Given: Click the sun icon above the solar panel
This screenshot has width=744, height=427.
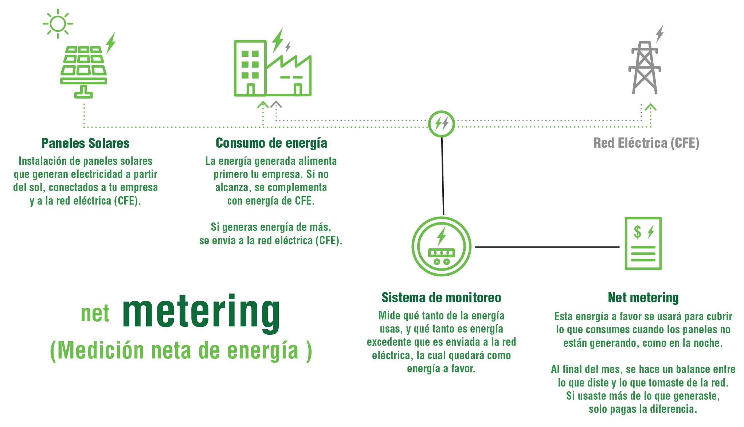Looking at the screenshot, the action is click(x=58, y=24).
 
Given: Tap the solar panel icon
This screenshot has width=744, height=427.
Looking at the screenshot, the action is click(x=84, y=72).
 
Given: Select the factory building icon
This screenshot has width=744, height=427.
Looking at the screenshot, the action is click(x=273, y=68).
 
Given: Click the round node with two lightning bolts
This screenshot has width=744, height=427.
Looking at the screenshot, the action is click(x=441, y=124).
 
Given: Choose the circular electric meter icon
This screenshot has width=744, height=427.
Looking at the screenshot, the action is click(x=441, y=247).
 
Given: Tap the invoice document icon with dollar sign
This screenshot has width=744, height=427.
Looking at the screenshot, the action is click(x=643, y=243).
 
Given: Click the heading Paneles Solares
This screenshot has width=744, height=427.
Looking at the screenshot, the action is click(x=85, y=143).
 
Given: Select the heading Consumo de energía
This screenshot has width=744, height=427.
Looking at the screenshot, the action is click(x=271, y=143).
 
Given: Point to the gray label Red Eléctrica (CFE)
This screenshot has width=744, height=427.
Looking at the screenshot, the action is click(x=646, y=143).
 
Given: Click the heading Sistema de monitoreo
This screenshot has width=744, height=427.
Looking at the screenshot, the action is click(x=441, y=298).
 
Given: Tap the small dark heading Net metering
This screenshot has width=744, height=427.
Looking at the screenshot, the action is click(x=643, y=298).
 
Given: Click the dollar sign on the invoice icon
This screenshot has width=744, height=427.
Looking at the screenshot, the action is click(x=637, y=232).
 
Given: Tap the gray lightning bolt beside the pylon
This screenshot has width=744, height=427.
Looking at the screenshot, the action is click(x=659, y=34).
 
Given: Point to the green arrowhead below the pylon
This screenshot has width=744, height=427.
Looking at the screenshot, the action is click(x=651, y=107).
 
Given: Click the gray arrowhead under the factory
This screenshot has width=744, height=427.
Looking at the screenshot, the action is click(x=276, y=105).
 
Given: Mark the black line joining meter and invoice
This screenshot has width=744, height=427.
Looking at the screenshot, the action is click(x=547, y=247).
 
